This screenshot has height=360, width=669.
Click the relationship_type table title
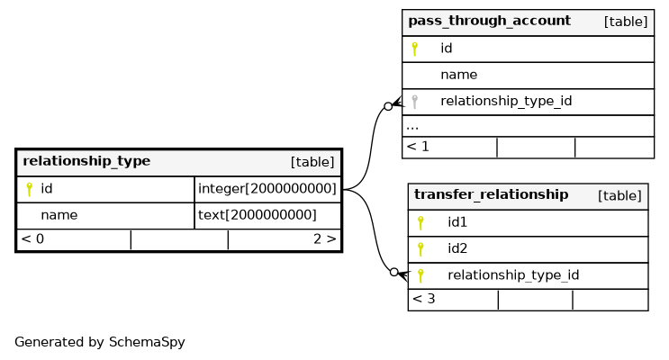86,161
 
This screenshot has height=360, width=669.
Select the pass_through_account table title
490,21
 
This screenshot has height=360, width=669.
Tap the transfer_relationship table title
491,195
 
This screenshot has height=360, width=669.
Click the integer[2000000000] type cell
267,188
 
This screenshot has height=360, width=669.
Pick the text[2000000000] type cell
258,215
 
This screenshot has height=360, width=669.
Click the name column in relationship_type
59,215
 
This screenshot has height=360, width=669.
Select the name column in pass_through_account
458,75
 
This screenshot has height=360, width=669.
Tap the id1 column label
457,222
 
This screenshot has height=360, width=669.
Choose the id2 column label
457,248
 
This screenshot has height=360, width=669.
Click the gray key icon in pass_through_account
414,102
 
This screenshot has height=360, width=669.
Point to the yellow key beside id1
420,222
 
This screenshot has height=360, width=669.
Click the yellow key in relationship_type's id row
29,189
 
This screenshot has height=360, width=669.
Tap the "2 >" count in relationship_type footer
325,239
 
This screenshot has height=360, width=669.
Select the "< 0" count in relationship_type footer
32,239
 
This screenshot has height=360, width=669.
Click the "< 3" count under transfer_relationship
424,299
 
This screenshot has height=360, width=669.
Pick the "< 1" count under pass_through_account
418,147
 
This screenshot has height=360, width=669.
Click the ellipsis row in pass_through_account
412,127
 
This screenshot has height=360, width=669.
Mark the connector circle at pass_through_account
388,106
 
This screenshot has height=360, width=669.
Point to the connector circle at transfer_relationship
394,272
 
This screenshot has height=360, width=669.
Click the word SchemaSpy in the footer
147,342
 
